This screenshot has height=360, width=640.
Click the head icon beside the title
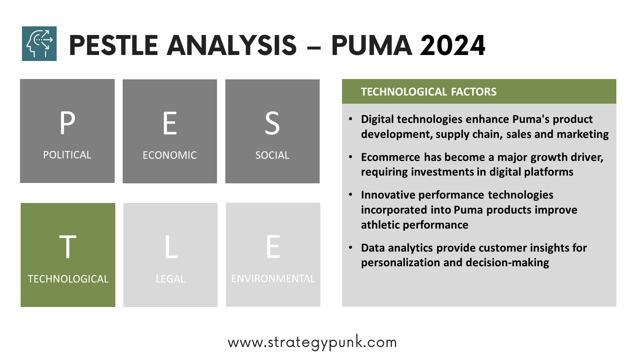coord(39,44)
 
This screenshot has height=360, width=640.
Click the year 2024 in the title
coord(453,45)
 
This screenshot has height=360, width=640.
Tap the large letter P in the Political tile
coord(68,123)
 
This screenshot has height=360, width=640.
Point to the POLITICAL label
coord(67,155)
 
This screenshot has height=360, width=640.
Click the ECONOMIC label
coord(170,155)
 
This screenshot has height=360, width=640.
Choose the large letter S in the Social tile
coord(272,123)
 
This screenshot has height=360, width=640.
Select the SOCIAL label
coord(272,155)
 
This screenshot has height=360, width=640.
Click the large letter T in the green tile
coord(68,247)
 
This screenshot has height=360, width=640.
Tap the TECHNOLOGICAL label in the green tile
coord(68,279)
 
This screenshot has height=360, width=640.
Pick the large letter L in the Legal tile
coord(171,247)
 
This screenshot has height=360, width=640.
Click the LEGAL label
coord(170,279)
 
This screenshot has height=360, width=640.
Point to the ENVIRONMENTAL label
coord(273,279)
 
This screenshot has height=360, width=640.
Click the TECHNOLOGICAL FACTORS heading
coord(429,92)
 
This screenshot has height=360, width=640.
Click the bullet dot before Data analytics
coord(350,248)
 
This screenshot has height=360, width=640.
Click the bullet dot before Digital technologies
coord(350,119)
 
